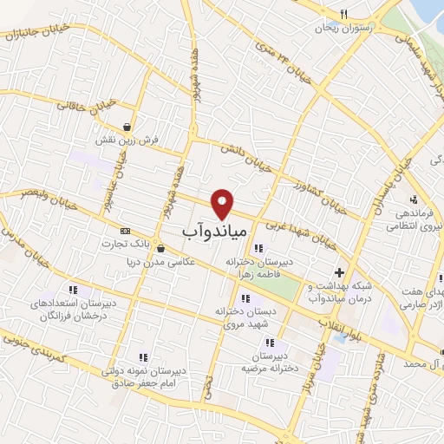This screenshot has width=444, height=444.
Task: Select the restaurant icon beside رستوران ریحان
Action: pos(343,14)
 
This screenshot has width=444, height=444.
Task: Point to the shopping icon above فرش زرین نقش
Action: pos(128,127)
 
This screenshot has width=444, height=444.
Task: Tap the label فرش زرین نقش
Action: pos(127,139)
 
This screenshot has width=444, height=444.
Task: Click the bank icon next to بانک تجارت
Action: pos(126,232)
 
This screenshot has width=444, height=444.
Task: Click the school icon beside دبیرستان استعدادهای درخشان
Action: pos(72,289)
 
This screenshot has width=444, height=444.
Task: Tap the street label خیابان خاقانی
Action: pos(88,104)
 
